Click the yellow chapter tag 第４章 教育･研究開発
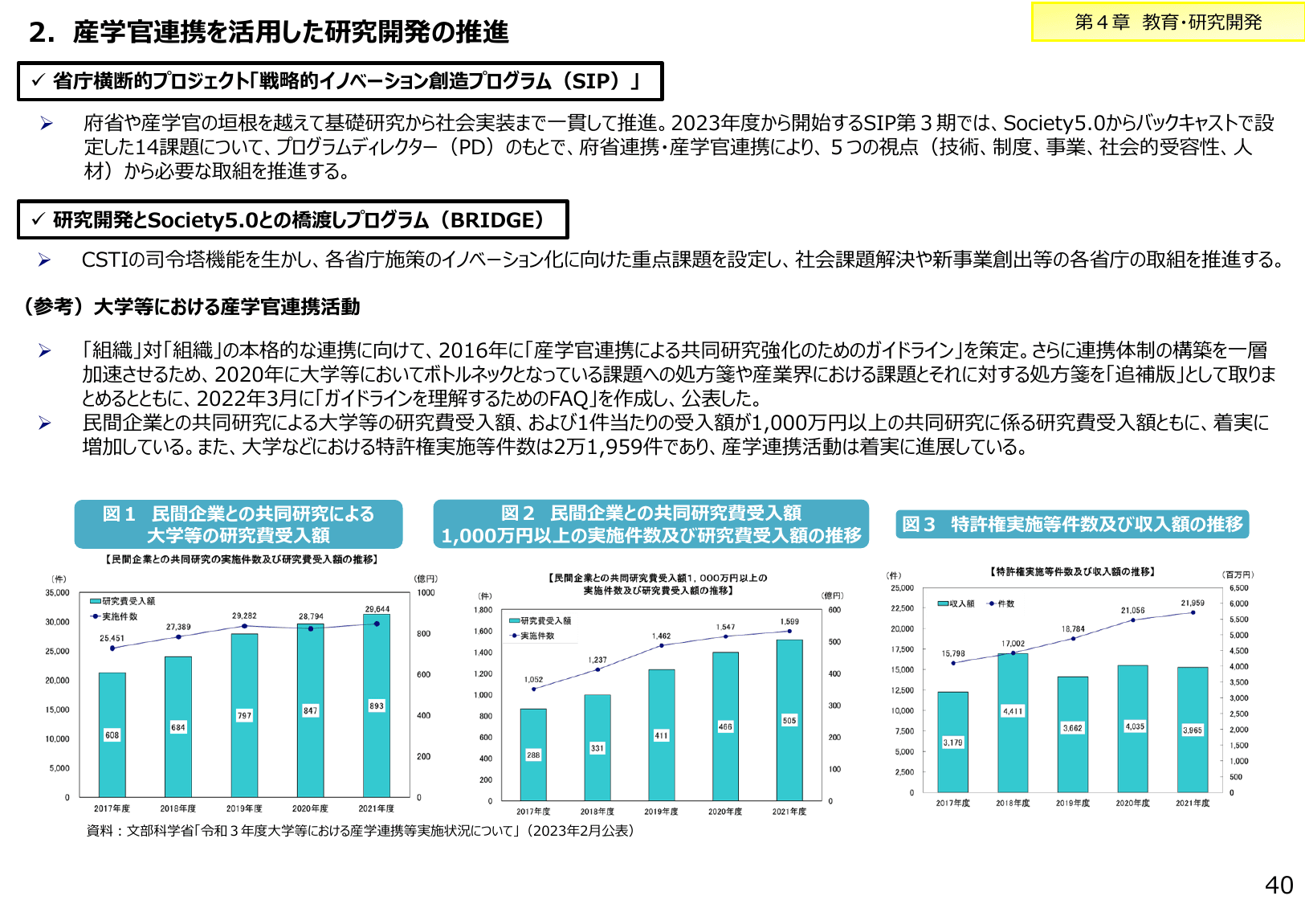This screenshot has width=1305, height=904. click(1168, 22)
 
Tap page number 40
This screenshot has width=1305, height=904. click(1278, 885)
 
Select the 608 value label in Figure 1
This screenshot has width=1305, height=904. click(112, 735)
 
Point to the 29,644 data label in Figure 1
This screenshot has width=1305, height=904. click(377, 609)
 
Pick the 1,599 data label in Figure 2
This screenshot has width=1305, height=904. click(789, 621)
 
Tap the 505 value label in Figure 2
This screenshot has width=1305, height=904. click(789, 721)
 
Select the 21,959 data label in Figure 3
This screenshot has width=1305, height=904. click(1193, 603)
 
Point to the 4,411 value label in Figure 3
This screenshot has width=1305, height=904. click(1013, 711)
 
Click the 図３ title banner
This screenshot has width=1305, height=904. click(1072, 524)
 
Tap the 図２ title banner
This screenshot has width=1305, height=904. click(650, 524)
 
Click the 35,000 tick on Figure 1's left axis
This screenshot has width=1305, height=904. click(57, 593)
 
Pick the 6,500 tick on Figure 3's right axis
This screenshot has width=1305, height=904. click(1239, 588)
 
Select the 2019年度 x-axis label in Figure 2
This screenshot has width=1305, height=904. click(661, 812)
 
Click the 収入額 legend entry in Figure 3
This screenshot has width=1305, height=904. click(956, 603)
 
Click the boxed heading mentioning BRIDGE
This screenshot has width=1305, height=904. click(293, 220)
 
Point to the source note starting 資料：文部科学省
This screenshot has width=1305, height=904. click(361, 831)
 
